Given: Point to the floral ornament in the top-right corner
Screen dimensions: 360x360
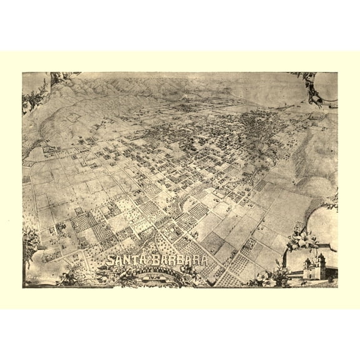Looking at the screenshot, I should [316, 87].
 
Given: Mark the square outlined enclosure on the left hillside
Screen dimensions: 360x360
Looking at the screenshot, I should [74, 117].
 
